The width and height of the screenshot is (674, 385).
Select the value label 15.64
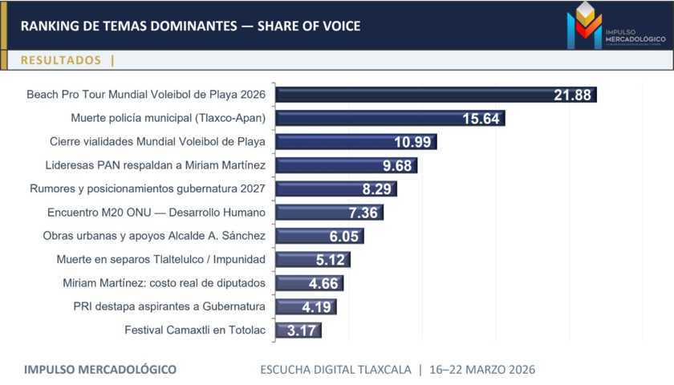point(481,119)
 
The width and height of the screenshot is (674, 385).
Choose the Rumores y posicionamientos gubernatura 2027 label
point(148,189)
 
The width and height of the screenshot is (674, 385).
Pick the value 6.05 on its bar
point(345,236)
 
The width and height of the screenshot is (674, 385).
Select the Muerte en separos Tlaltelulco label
point(161,259)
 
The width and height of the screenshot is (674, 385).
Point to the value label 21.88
point(572,95)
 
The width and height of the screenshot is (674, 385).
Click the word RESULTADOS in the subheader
point(61,60)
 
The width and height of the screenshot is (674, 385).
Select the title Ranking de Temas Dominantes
point(190,26)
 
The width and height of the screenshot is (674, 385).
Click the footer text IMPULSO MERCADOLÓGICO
point(100,370)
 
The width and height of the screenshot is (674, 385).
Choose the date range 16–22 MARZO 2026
point(483,370)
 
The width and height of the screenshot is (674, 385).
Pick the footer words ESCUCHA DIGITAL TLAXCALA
point(335,370)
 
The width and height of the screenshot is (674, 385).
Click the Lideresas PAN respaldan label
point(156,165)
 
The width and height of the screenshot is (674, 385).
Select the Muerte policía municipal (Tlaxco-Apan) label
point(168,118)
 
